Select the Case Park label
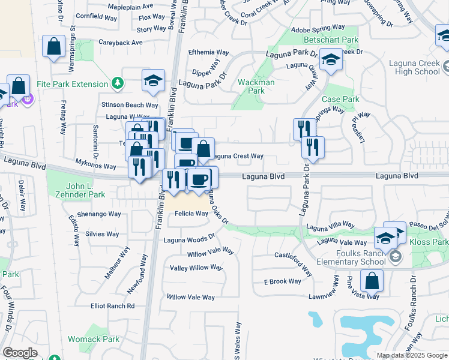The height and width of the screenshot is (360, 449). pos(340,99)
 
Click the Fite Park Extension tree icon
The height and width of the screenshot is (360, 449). pos(118,83)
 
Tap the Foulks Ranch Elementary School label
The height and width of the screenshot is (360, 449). pos(358,257)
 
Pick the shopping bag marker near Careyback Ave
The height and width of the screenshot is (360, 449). pos(54,47)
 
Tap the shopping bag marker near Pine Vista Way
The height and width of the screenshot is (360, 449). pos(372,280)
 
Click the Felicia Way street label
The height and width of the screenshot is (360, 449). pos(192,214)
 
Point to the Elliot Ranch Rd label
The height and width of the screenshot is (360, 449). pos(112,306)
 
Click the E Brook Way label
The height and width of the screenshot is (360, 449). pos(283,281)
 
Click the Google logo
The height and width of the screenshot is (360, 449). pos(20,353)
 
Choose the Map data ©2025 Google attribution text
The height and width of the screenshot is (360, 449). pos(412,355)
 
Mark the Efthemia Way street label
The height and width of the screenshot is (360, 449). pos(208,52)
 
